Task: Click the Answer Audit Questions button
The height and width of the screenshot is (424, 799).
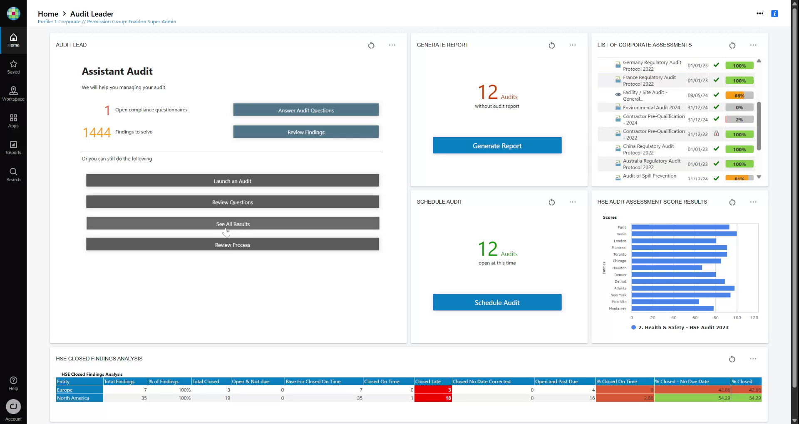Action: point(306,110)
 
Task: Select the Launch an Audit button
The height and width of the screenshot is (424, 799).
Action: point(232,181)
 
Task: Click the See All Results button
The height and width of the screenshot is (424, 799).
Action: point(233,224)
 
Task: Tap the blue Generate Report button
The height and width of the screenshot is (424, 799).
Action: point(497,145)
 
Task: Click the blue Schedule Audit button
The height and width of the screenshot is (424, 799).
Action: point(497,302)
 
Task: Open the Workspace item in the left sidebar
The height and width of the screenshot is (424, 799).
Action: point(13,94)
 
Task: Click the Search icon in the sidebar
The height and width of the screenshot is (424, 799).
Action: point(13,174)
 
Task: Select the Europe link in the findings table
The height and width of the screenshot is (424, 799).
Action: point(65,390)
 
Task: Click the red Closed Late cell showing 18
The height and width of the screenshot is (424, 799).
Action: point(433,398)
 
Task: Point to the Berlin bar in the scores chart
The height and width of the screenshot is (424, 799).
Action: point(683,234)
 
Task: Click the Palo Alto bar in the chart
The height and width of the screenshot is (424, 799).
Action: point(665,302)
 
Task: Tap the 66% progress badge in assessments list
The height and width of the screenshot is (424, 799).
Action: point(739,96)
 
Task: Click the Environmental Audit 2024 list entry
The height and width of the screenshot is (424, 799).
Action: point(651,108)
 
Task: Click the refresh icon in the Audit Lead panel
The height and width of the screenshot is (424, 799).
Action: point(371,45)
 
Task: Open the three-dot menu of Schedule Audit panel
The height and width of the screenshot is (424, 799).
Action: point(573,202)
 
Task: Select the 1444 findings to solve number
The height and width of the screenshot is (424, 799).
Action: point(97,132)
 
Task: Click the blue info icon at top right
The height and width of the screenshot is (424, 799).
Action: point(774,14)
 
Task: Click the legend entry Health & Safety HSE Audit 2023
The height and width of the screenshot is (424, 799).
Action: point(683,328)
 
